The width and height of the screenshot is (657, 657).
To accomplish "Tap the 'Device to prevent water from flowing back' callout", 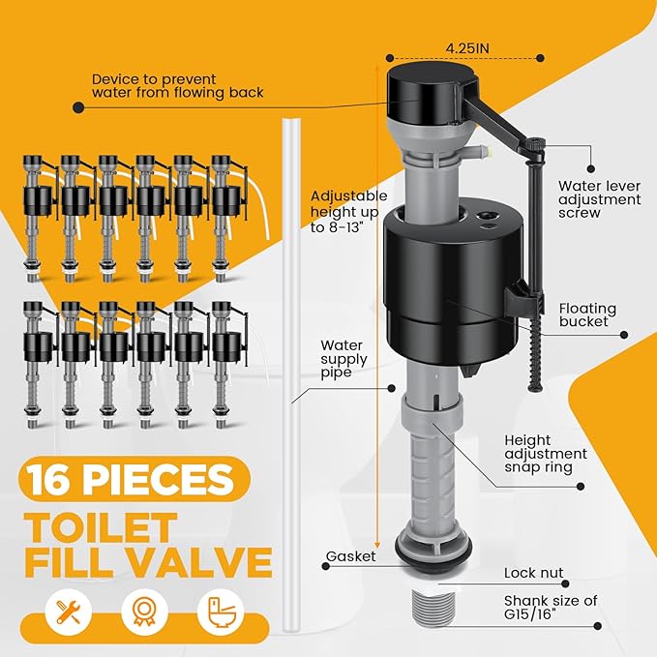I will pyautogui.click(x=168, y=86).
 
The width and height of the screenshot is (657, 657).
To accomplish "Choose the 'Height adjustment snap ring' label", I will pyautogui.click(x=545, y=453).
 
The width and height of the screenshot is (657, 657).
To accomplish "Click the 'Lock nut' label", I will pyautogui.click(x=533, y=573).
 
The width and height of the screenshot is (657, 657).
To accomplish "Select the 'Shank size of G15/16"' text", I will pyautogui.click(x=551, y=608).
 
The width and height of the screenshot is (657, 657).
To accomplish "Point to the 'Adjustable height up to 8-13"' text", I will pyautogui.click(x=347, y=212).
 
